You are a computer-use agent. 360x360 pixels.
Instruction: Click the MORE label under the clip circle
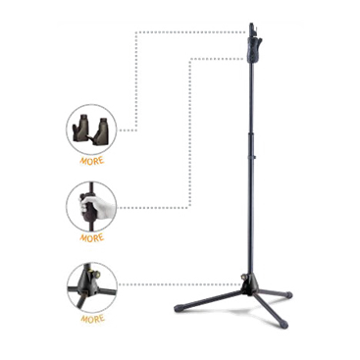pos(92,161)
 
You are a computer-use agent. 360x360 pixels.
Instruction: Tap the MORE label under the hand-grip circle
pos(92,237)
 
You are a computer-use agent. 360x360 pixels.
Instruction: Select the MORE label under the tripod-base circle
pos(92,319)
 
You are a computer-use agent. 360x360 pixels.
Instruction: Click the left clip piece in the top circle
pos(81,129)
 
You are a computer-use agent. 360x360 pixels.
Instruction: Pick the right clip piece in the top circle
pos(102,131)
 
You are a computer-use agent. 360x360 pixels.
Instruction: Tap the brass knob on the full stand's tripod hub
pos(243,277)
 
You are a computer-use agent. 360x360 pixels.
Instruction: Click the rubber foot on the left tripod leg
pos(179,308)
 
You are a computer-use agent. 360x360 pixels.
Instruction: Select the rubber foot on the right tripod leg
pos(288,294)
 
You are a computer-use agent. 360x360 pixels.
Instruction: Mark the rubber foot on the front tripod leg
pos(283,324)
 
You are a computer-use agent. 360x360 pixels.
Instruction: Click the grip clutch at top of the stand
pos(253,50)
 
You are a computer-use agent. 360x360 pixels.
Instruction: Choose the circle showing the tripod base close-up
pos(92,287)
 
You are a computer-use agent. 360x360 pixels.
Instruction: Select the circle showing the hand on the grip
pos(91,207)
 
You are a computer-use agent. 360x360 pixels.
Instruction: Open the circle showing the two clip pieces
pos(91,129)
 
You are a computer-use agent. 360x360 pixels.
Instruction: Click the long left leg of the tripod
pos(211,299)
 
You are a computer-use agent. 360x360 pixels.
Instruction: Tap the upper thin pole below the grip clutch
pos(253,98)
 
